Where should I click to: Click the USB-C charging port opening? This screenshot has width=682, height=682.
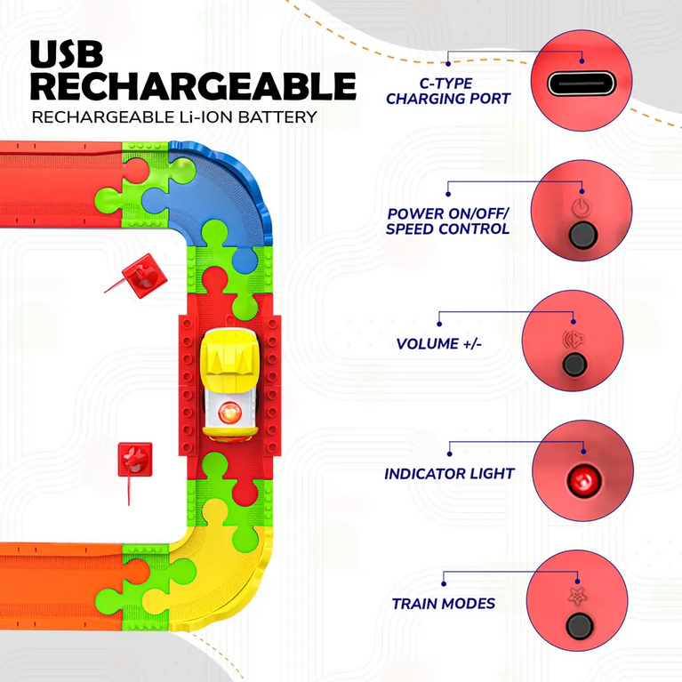pos(582,83)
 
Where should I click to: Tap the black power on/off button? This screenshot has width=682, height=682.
pos(582,235)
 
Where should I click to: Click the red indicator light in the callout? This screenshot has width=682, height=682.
pos(583,481)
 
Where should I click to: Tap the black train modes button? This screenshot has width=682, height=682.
pos(580,626)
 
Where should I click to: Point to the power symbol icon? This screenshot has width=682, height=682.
pos(582,207)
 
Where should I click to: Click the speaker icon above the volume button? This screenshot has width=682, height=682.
pos(574,340)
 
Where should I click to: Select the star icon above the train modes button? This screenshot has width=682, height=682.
pos(577,597)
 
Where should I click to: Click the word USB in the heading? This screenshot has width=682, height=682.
pos(67,54)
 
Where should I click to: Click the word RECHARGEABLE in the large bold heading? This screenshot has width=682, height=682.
pos(194,86)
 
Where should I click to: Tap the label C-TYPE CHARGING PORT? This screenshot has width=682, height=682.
pos(448,91)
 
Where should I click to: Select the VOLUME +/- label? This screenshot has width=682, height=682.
pos(439,343)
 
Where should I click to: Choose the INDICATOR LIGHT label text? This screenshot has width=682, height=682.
pos(449,474)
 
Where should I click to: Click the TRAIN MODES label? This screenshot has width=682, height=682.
pos(443,604)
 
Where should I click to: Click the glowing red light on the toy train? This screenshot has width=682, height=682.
pos(229,413)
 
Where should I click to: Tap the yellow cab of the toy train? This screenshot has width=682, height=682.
pos(229,353)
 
